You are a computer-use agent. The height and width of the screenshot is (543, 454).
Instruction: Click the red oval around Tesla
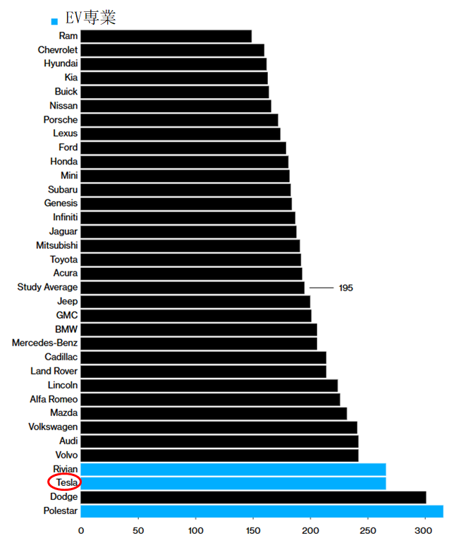(x=64, y=482)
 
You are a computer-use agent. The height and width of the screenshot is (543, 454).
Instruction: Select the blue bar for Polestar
(x=262, y=511)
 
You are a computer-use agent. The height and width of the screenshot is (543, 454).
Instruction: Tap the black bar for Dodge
(x=253, y=497)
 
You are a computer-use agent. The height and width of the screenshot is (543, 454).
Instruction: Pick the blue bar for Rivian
(x=233, y=469)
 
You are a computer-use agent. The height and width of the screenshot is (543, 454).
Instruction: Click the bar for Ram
(x=166, y=36)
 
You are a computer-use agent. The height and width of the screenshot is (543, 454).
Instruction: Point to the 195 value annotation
(x=345, y=288)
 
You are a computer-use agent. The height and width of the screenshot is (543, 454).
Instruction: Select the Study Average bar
(x=192, y=288)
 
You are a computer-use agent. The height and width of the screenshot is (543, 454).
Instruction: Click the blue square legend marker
(x=55, y=21)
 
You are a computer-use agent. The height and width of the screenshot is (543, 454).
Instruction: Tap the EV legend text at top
(x=90, y=18)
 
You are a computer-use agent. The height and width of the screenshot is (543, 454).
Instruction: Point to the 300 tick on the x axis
(x=424, y=530)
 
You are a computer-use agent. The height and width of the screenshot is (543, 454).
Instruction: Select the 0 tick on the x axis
(x=81, y=530)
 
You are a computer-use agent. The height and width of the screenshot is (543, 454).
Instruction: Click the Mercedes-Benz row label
(x=44, y=343)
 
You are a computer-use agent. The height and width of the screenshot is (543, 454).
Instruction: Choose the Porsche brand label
(x=61, y=120)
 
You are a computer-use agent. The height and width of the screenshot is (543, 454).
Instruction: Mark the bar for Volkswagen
(x=219, y=427)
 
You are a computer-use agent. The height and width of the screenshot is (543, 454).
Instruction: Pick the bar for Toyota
(x=190, y=260)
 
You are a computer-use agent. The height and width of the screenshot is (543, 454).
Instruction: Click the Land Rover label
(x=54, y=371)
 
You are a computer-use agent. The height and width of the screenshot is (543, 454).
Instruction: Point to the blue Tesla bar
(x=233, y=483)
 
